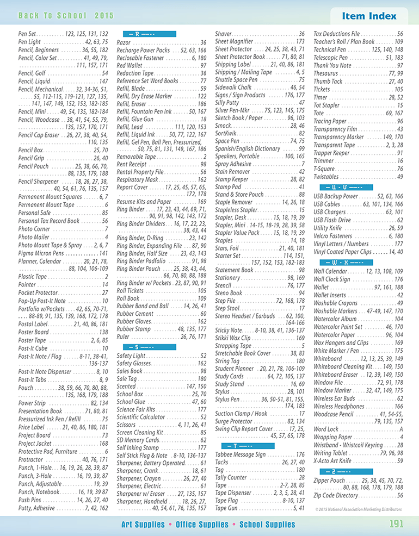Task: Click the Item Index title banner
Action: [369, 16]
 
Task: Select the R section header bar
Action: [146, 34]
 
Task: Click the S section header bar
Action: [146, 346]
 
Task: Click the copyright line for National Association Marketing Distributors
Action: [359, 509]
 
